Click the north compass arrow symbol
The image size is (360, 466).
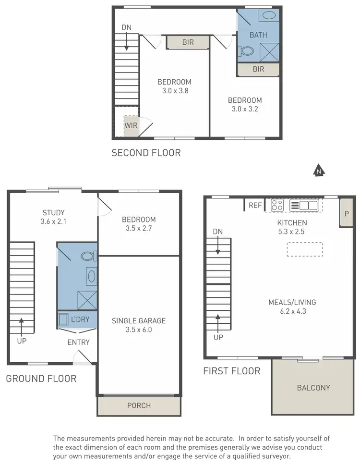[x=318, y=170]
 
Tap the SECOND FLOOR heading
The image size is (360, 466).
[x=146, y=153]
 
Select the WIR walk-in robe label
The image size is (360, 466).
[x=131, y=126]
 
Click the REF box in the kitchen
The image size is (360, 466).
[x=255, y=205]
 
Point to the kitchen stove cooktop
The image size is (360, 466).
[x=277, y=205]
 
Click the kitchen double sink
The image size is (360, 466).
[x=304, y=205]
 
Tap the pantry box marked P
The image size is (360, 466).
[x=347, y=213]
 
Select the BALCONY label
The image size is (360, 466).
[x=313, y=388]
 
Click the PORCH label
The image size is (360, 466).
[x=139, y=405]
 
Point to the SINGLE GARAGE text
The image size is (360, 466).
[x=139, y=321]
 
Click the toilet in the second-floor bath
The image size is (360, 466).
[x=247, y=50]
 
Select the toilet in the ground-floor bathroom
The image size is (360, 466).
[x=88, y=256]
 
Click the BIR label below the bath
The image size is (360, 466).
[x=258, y=69]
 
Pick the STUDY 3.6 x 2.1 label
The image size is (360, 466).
[x=53, y=217]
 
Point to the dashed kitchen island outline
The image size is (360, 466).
[x=305, y=249]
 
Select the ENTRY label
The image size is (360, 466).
[x=78, y=342]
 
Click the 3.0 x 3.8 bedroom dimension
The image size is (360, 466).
[x=174, y=90]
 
